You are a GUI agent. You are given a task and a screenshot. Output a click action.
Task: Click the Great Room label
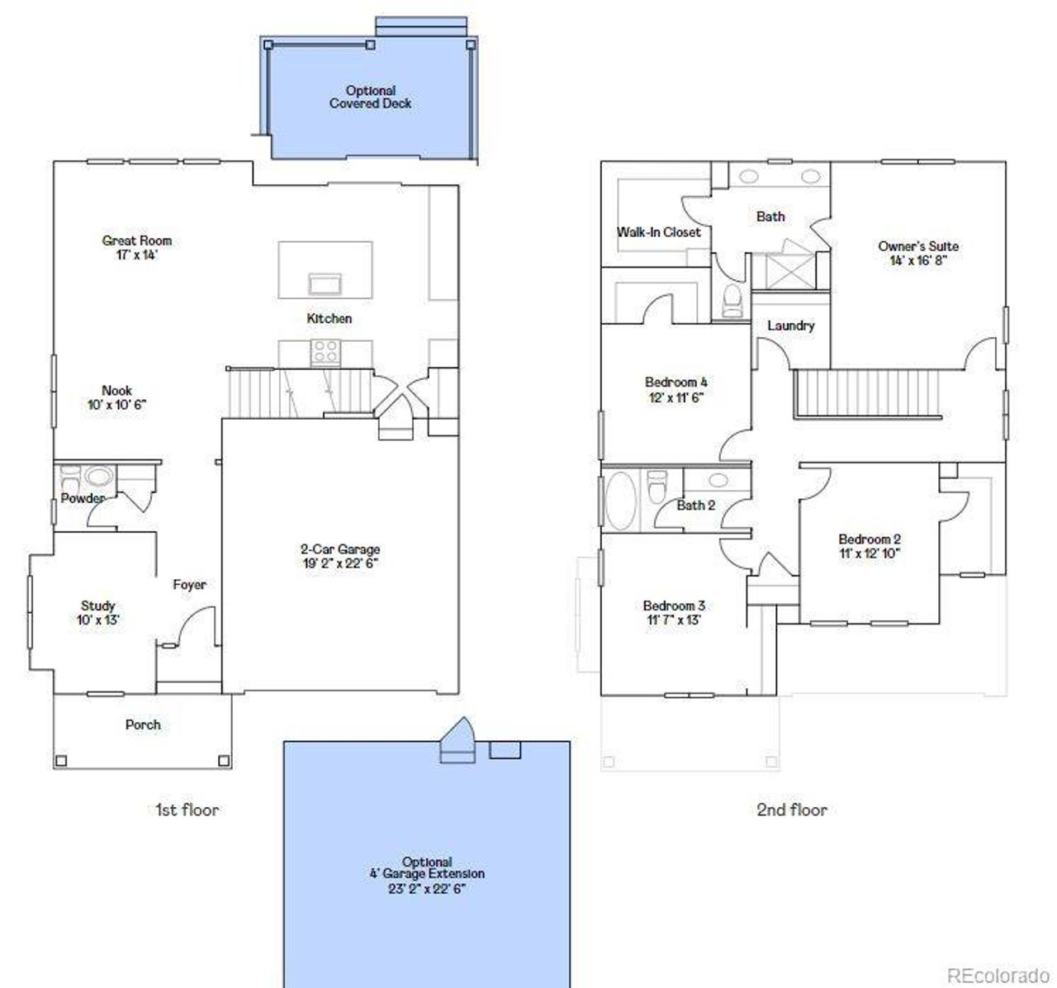point(137,241)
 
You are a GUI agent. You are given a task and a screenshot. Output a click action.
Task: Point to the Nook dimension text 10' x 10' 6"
point(117,405)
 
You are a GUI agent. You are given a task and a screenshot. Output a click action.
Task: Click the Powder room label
point(83,498)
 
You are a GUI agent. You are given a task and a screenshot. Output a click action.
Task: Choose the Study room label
point(98,606)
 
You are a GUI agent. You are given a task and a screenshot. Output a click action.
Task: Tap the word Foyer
point(189,585)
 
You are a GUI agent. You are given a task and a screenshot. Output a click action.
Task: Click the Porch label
point(143,725)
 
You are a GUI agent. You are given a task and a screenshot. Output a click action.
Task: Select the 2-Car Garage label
point(340,549)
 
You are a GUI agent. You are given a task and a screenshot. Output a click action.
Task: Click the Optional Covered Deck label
point(370,97)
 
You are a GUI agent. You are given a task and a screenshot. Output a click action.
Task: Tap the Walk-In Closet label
point(659,232)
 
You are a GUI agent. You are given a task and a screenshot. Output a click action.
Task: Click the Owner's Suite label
point(918,246)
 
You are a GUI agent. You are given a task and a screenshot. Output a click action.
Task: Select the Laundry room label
point(790,325)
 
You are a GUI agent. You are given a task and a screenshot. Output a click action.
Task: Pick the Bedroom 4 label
point(675,382)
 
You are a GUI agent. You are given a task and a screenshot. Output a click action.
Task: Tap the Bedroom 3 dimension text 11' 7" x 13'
point(674,620)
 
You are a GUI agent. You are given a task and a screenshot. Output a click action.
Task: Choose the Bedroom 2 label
point(870,539)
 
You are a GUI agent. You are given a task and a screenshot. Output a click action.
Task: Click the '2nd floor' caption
point(792,810)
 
